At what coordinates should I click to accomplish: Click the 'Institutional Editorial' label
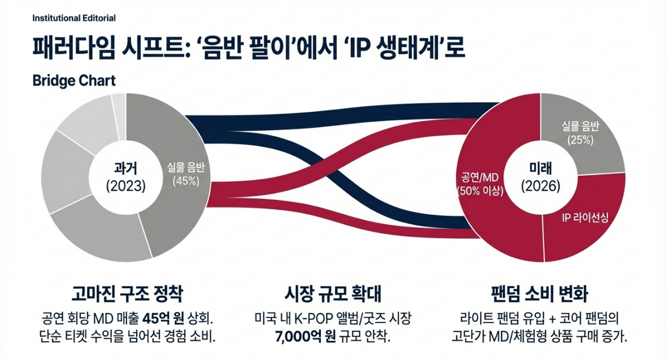point(74,18)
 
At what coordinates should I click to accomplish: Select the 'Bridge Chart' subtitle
point(74,81)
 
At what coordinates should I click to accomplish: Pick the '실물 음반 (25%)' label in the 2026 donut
point(580,133)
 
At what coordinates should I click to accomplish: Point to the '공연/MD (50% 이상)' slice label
point(480,183)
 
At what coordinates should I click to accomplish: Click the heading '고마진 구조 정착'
point(127,294)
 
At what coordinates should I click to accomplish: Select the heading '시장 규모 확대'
point(332,294)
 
